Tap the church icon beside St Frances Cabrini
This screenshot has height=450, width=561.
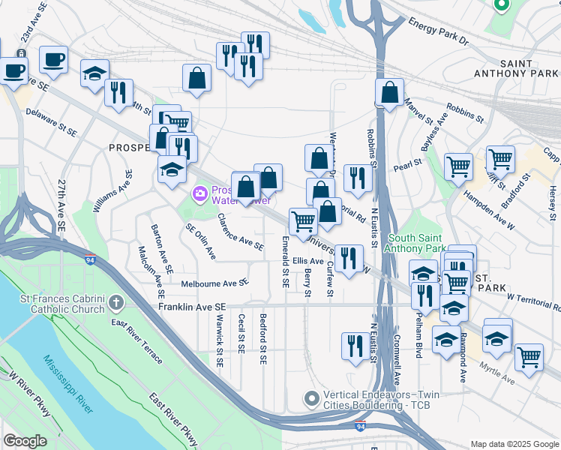point(115,303)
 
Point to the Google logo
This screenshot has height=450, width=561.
point(25,441)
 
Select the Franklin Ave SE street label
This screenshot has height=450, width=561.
point(190,307)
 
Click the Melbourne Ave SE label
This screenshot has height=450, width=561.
point(214,283)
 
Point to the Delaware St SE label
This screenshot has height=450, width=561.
point(51,121)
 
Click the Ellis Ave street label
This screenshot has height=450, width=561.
point(307,261)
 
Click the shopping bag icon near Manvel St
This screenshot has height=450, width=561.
point(389,93)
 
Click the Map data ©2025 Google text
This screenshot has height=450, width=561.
point(514,443)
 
